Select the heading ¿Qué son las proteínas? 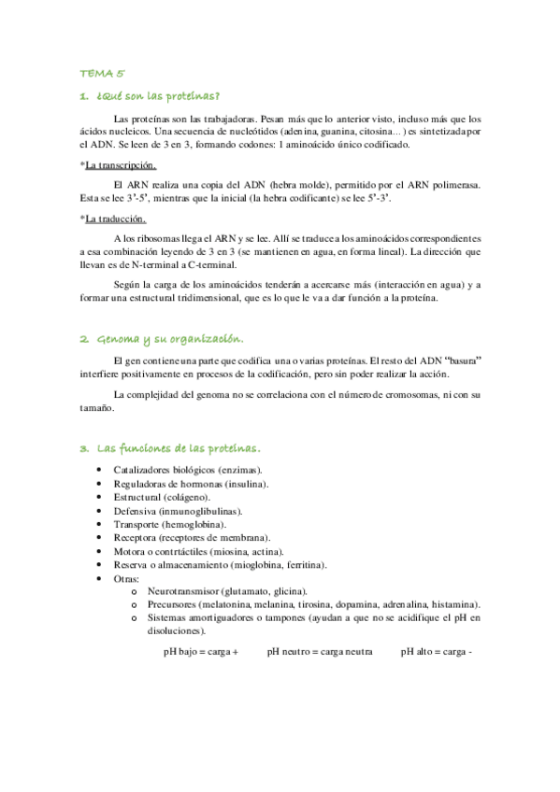tap(155, 96)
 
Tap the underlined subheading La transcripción tap(119, 166)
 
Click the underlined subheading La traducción tap(115, 219)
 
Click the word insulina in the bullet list tap(245, 484)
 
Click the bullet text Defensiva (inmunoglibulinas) tap(178, 511)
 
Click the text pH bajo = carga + tap(201, 652)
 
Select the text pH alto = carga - tap(438, 652)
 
